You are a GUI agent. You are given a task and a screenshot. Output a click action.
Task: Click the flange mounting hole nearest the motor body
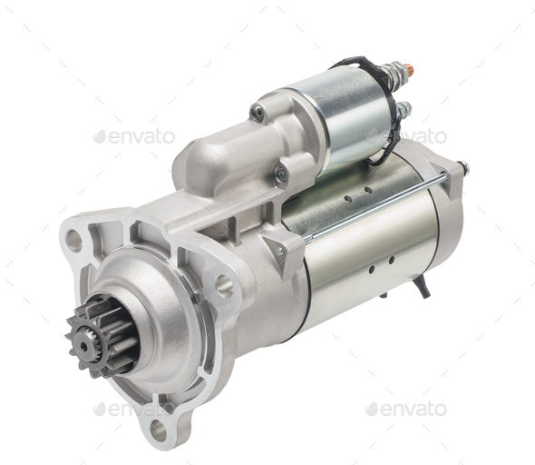(224, 287)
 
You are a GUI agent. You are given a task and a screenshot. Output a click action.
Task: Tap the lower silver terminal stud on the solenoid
(404, 110)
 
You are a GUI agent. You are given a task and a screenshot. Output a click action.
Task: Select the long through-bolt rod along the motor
(376, 207)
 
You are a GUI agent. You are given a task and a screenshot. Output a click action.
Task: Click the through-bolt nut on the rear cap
(462, 168)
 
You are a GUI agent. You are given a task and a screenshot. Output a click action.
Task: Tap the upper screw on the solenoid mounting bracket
(258, 114)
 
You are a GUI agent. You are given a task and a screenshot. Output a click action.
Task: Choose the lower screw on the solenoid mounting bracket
(281, 174)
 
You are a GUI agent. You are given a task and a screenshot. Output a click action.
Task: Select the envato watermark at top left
(134, 136)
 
